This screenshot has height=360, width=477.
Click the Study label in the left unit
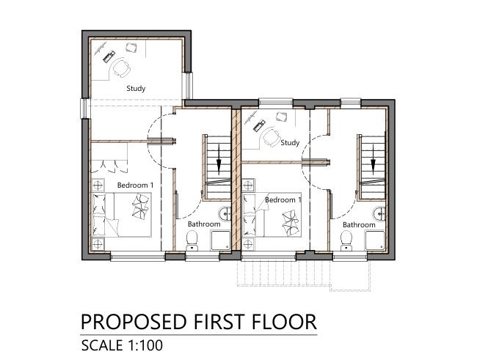(x=136, y=89)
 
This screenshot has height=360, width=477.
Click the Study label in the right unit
(x=290, y=143)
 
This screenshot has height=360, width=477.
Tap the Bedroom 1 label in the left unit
(x=135, y=185)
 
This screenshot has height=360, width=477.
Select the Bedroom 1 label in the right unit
(x=283, y=199)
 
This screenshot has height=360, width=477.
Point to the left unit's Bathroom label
(x=203, y=224)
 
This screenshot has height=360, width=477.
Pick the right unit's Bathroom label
(x=359, y=224)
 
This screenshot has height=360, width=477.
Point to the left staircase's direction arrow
(x=218, y=162)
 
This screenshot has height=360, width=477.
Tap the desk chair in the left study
(x=121, y=68)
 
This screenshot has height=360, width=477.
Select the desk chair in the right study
(x=273, y=136)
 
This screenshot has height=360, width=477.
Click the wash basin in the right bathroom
(x=380, y=213)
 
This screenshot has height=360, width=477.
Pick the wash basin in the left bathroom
(x=226, y=213)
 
